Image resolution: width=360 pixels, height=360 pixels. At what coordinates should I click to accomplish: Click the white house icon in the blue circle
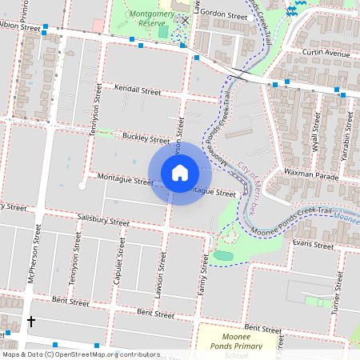point(180,173)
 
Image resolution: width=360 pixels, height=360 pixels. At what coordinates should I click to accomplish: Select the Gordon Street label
point(223,14)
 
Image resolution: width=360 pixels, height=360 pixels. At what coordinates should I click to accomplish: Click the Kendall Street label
point(137,90)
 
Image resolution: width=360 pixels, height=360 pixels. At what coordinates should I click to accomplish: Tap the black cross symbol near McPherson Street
point(31,322)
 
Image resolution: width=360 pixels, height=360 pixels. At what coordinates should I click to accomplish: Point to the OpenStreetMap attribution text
point(81,354)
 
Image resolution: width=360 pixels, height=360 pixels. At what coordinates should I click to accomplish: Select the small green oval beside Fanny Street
point(223,255)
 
